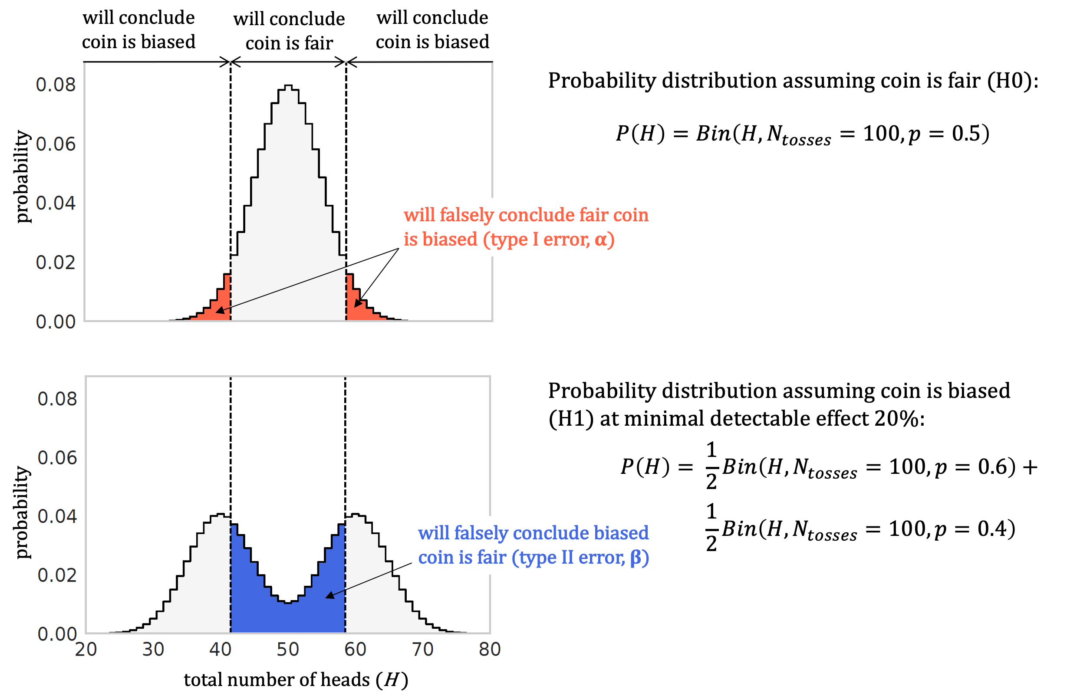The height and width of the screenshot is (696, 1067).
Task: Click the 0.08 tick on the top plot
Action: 56,85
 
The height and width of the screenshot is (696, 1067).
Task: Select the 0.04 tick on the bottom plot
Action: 57,517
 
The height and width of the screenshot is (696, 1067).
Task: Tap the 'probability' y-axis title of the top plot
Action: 23,177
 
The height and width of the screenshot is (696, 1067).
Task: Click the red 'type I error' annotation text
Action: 525,227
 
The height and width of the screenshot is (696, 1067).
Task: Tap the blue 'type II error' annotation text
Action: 533,545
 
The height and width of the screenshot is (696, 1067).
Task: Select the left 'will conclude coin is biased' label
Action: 138,30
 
